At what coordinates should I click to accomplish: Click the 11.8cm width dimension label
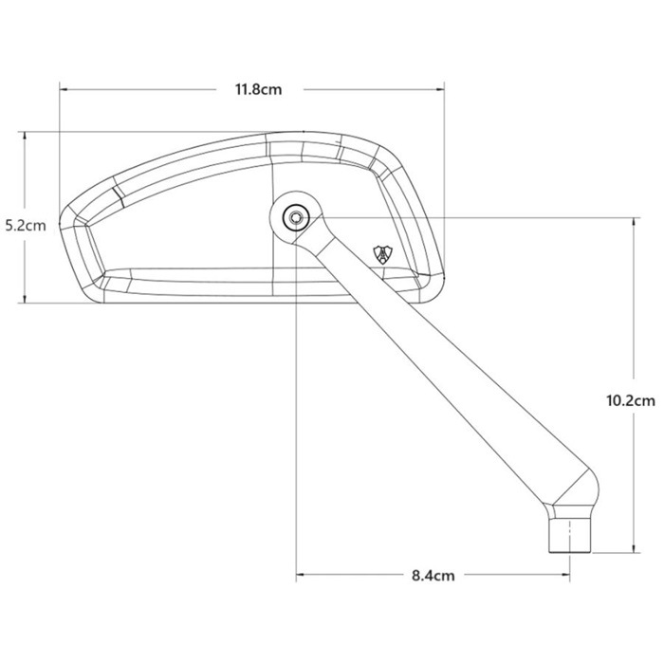coord(258,90)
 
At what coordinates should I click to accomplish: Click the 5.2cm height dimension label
coord(24,226)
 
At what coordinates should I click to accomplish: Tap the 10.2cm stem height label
coord(630,400)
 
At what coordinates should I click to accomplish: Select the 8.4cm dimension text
coord(433,575)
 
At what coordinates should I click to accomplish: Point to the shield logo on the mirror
coord(384,255)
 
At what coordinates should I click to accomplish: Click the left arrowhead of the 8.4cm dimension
coord(303,575)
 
